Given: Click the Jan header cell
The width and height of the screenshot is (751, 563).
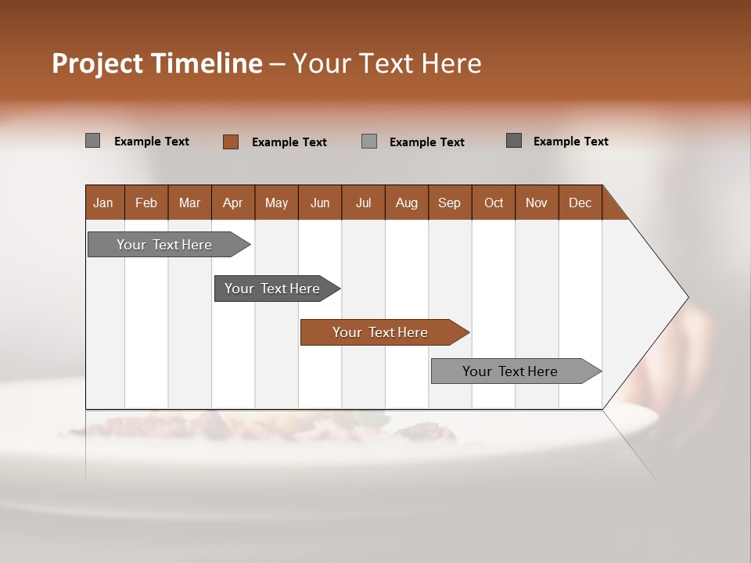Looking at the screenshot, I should (x=104, y=203).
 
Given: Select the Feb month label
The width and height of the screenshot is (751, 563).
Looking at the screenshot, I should (x=146, y=203).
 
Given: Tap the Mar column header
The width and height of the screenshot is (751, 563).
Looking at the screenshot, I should (x=189, y=203).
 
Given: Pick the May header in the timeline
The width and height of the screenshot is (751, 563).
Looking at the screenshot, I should (x=276, y=203).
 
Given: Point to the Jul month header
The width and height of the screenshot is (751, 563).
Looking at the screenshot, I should (x=363, y=203).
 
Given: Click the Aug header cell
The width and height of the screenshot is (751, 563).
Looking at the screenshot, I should (x=406, y=203).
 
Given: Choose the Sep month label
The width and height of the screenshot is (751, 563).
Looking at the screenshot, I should (x=449, y=203).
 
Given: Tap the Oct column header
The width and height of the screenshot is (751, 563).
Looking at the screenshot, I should (x=494, y=203).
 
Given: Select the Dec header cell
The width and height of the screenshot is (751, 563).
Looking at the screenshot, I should (x=580, y=203).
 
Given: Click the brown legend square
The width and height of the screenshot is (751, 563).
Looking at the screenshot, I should (x=231, y=142).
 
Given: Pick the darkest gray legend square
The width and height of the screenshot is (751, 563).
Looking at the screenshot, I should (x=514, y=141).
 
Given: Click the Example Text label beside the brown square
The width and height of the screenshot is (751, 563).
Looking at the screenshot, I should (x=289, y=142).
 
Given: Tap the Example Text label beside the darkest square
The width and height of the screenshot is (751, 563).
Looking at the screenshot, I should (x=570, y=142).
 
